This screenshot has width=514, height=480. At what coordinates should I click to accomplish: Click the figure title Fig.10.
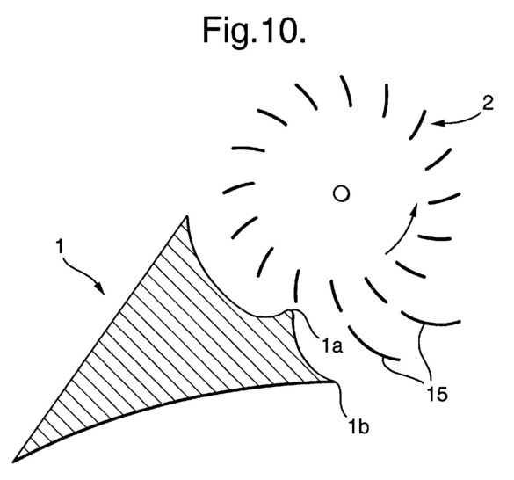pos(254,31)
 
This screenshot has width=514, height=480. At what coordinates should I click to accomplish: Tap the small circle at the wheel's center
pos(341,193)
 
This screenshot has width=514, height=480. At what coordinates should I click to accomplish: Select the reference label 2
pos(488,104)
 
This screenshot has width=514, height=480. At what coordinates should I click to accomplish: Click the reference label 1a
pos(332,345)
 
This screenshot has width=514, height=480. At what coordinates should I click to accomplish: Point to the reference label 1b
pos(358,426)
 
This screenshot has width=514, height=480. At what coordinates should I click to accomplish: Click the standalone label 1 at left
pos(60,246)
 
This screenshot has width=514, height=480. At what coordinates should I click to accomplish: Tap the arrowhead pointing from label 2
pos(437,123)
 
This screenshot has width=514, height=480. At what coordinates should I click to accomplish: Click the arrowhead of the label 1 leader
pos(100,288)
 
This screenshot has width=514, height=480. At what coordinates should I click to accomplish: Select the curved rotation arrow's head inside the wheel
pos(414,209)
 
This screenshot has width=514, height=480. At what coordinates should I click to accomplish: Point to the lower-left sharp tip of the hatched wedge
pos(13,462)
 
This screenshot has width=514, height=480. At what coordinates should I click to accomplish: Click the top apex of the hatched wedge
pos(186,215)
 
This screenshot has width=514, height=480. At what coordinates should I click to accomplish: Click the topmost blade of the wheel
pos(346,91)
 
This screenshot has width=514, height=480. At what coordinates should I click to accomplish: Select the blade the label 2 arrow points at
pos(418,125)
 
